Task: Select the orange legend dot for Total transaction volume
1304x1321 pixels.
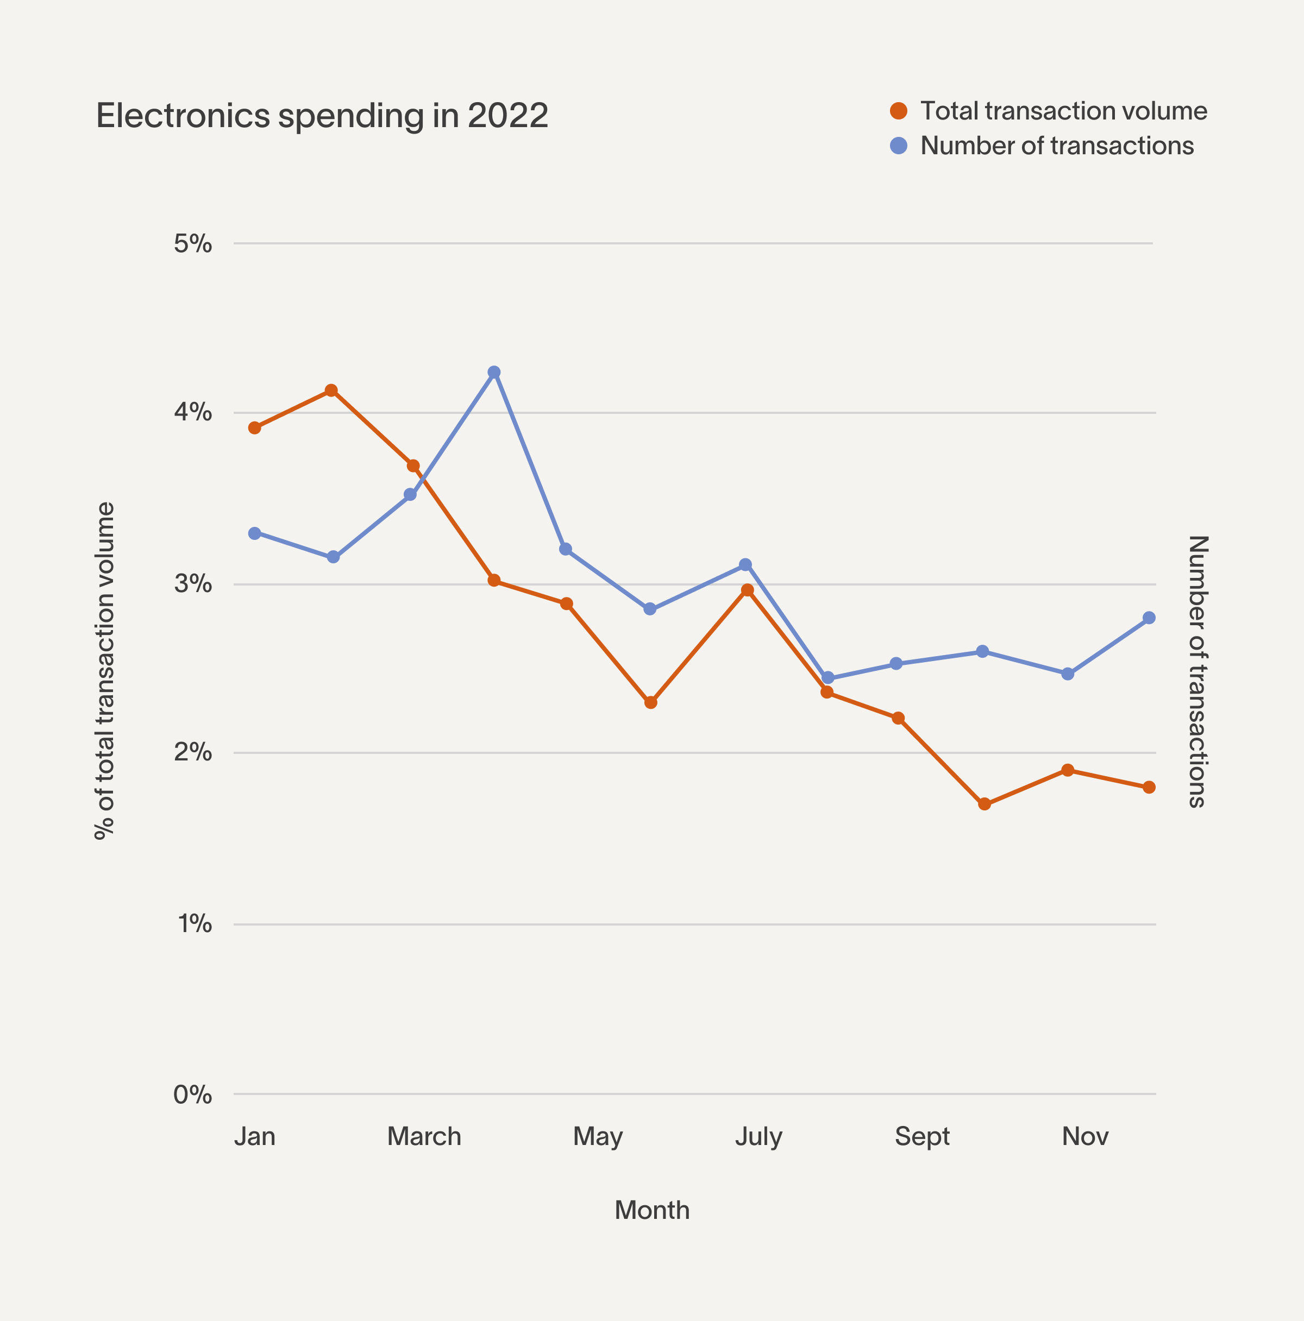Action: click(899, 111)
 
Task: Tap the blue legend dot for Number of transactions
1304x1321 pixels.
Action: click(899, 146)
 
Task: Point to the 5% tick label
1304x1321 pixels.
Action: click(193, 243)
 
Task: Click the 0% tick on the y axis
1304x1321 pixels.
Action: click(193, 1094)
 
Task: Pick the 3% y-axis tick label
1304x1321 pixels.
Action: click(193, 584)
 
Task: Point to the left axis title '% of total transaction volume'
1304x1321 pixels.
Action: click(105, 671)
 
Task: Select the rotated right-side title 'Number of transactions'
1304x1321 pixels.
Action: click(1198, 671)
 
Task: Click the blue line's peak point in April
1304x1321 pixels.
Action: click(494, 372)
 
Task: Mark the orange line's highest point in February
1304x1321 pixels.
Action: click(331, 391)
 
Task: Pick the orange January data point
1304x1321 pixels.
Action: click(254, 428)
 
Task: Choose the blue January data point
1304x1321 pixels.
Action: click(254, 533)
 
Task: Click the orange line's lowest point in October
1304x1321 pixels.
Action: click(984, 804)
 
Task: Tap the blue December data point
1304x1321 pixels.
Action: click(1149, 618)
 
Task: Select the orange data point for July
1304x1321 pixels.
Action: click(748, 590)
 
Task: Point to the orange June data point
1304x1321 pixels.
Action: click(650, 702)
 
